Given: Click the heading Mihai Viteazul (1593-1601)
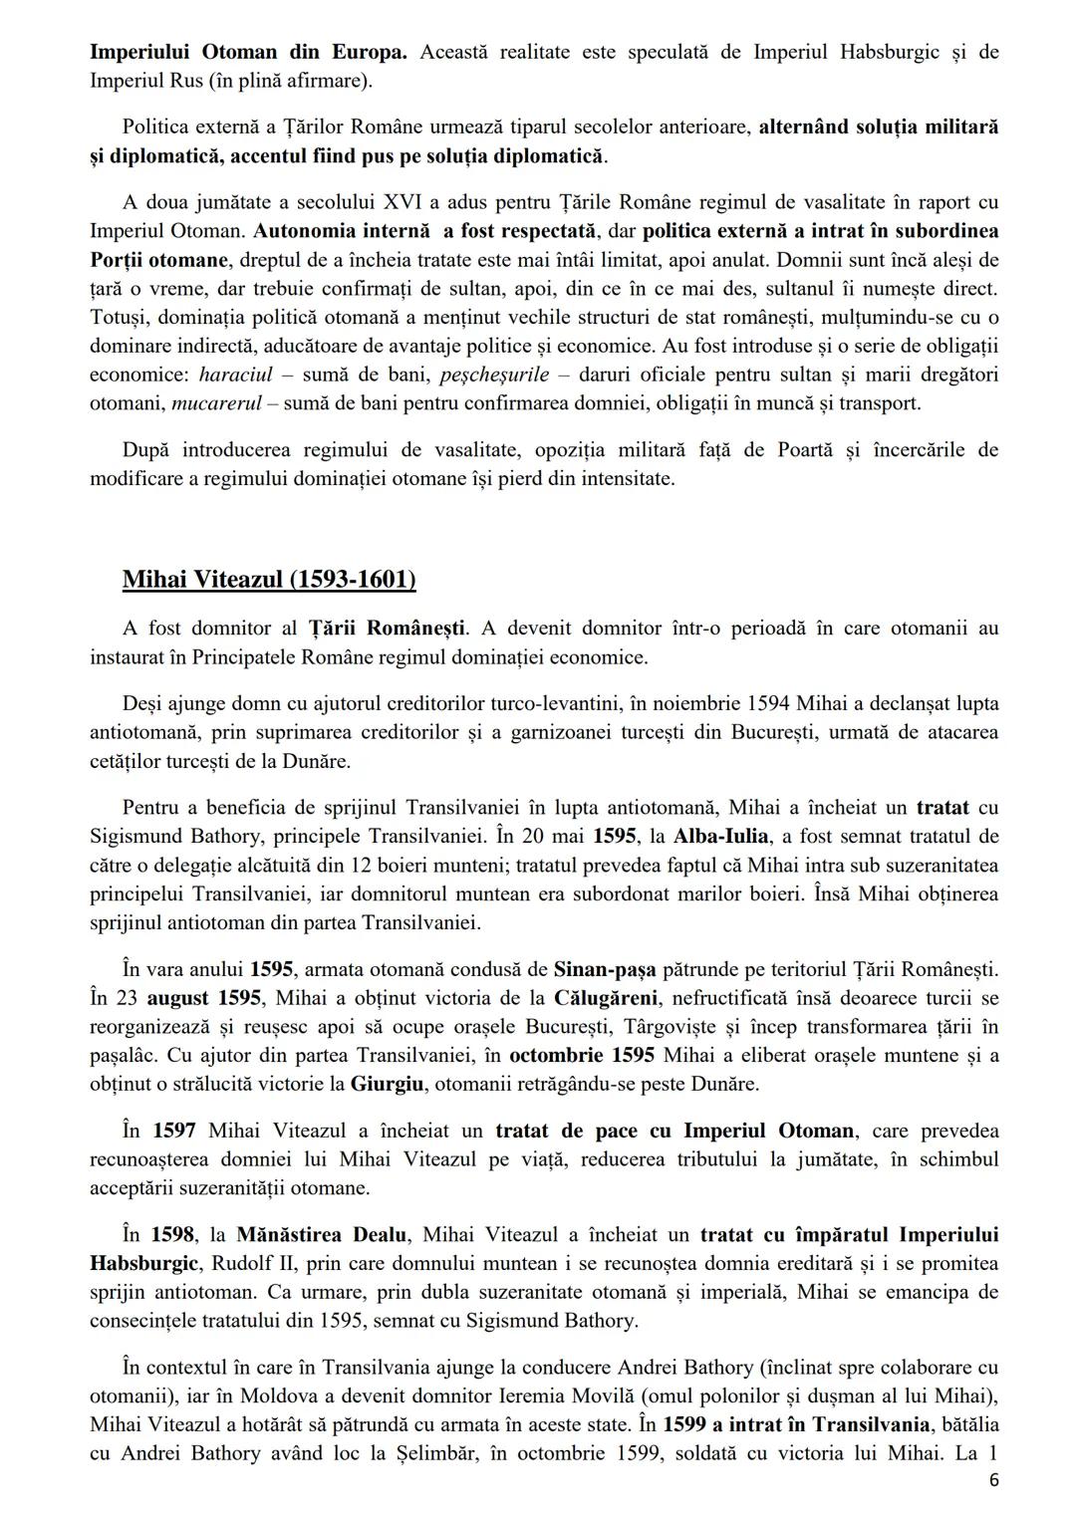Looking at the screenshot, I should tap(269, 580).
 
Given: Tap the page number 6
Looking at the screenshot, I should tap(992, 1480).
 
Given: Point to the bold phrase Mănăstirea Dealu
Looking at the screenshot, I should tap(321, 1234).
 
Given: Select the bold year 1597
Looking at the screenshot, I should tap(174, 1130).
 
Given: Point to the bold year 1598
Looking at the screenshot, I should tap(173, 1234).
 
